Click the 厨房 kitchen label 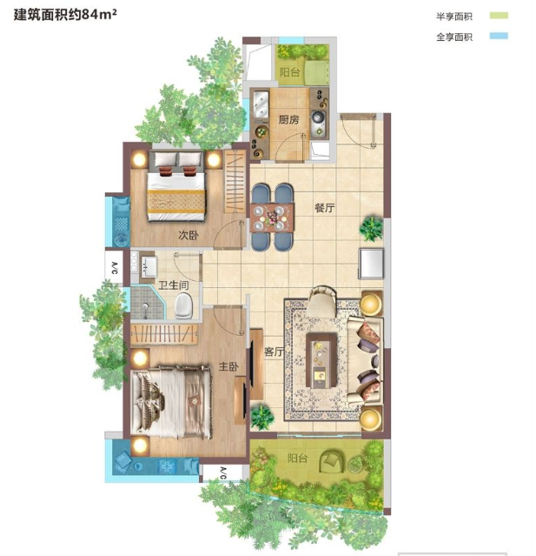(x=288, y=120)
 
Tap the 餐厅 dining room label (x=325, y=207)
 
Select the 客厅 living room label (x=274, y=352)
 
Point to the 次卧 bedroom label (x=189, y=235)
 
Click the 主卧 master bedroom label (x=228, y=366)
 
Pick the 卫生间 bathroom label (x=173, y=285)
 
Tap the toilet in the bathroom (x=183, y=305)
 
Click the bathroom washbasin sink (x=149, y=266)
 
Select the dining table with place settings (x=272, y=218)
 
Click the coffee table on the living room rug (x=321, y=360)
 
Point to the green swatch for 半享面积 (x=499, y=16)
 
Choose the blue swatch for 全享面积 (x=499, y=36)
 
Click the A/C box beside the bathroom (x=114, y=267)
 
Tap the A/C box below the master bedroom (x=222, y=472)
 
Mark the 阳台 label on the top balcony (x=290, y=72)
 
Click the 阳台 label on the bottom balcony (x=297, y=459)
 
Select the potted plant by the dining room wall (x=371, y=228)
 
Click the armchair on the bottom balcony (x=332, y=461)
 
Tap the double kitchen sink (x=261, y=103)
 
